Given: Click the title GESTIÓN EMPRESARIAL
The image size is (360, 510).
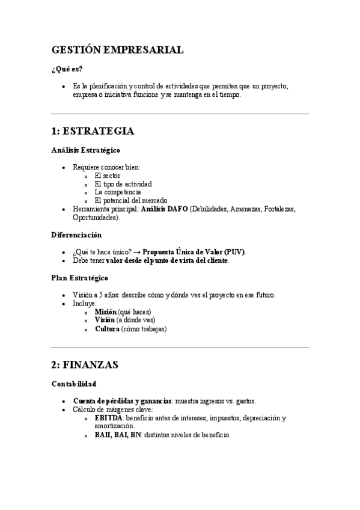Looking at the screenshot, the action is [x=117, y=51].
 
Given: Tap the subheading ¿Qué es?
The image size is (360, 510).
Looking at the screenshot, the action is [x=67, y=69].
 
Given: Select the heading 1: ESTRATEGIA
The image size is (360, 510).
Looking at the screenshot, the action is [x=93, y=131].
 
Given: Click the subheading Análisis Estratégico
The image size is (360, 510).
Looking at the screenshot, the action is [x=85, y=150].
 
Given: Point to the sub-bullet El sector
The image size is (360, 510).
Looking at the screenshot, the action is [x=108, y=175].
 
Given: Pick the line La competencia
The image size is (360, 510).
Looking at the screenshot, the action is [x=118, y=192].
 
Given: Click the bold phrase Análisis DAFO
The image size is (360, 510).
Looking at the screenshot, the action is [x=163, y=209].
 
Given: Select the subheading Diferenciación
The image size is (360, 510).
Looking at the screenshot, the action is [x=76, y=235].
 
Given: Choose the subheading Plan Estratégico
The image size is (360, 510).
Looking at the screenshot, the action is [x=80, y=278].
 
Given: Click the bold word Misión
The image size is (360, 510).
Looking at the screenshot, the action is [x=105, y=312].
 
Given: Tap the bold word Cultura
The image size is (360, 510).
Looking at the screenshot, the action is [x=107, y=329].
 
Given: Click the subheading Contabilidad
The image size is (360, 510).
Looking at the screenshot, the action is [x=74, y=383].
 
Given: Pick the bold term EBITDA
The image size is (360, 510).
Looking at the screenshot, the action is [x=109, y=417].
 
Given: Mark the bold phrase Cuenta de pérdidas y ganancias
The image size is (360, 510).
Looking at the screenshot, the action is [x=122, y=401].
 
